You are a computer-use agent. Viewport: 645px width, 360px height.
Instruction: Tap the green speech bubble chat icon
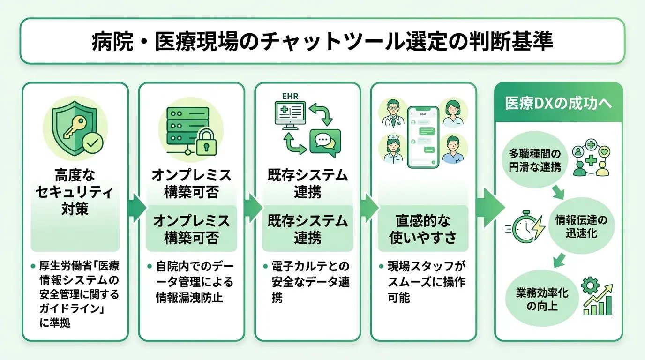[325, 142]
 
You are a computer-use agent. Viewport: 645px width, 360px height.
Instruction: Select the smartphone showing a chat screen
[423, 136]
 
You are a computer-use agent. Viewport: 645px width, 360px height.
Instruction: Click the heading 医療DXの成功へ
[558, 104]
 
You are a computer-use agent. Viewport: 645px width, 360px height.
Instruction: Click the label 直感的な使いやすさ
[423, 229]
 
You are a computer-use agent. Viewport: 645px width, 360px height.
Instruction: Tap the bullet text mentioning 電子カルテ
[310, 281]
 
